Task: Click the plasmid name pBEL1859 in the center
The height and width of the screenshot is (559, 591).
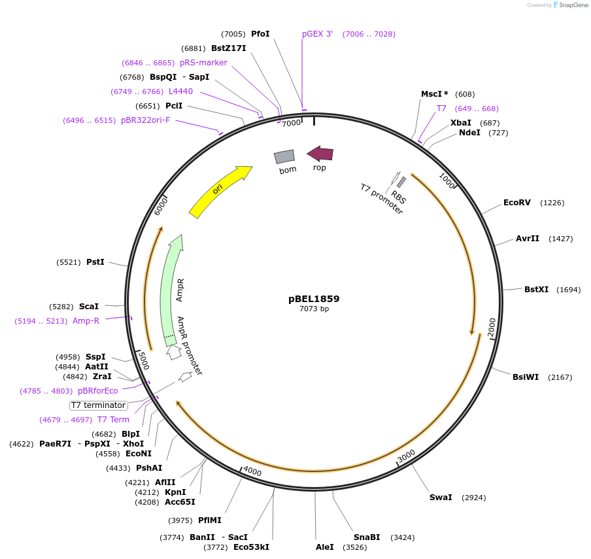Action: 314,299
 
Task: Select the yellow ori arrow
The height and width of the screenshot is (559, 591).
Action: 220,191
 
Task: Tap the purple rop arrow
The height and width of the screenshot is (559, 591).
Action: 320,154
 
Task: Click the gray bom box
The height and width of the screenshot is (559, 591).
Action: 284,156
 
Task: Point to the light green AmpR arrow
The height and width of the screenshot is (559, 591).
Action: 171,288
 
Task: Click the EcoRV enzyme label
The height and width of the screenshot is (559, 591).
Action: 516,203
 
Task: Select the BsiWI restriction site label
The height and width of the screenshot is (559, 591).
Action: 526,377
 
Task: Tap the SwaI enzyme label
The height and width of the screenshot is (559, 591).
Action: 441,498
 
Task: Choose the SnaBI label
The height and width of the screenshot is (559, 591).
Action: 367,537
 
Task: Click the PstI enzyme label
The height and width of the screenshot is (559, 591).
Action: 95,262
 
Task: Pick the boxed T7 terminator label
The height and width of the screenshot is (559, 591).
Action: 98,405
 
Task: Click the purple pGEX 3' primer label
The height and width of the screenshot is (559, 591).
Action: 317,34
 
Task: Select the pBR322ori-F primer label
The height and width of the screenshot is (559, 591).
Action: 145,120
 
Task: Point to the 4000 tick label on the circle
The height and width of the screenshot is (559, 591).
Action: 252,471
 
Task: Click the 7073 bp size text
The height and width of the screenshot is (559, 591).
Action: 314,309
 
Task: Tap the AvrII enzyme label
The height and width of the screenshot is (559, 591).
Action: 528,239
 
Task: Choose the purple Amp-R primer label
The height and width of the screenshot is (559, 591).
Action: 86,321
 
